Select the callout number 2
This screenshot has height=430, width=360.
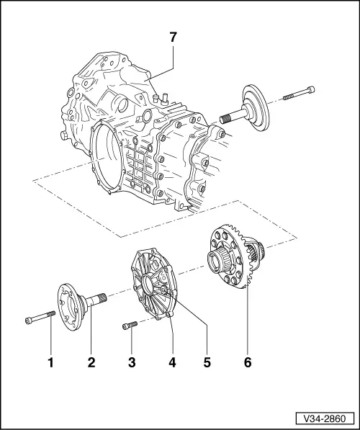pyautogui.click(x=92, y=362)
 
